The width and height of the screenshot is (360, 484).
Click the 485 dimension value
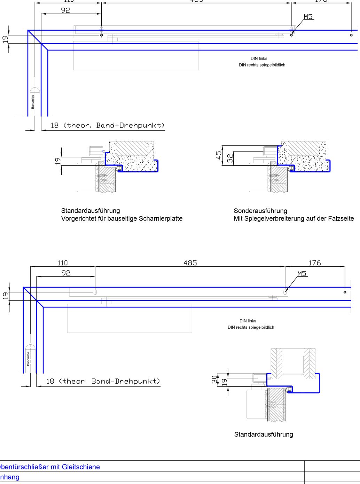[190, 263]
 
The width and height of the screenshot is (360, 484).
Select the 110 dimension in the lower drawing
[63, 263]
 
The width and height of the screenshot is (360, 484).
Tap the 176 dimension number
[314, 263]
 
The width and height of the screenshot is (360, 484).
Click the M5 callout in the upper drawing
[308, 17]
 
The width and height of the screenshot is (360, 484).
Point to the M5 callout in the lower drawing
[302, 274]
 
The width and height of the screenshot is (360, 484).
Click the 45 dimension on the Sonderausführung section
[219, 155]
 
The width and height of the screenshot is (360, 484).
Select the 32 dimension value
[230, 158]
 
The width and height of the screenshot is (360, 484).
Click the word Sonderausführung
[260, 211]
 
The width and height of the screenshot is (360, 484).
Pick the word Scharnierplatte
[161, 219]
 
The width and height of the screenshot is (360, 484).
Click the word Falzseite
[341, 219]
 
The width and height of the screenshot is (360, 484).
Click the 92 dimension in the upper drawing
[65, 10]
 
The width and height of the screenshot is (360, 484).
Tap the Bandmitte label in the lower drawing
[29, 359]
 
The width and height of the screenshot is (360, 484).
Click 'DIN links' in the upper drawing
[259, 58]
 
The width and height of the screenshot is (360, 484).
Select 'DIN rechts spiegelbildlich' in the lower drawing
[251, 327]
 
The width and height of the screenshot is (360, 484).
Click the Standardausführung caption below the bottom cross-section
[264, 434]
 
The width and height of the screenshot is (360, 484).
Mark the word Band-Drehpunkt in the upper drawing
[130, 125]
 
